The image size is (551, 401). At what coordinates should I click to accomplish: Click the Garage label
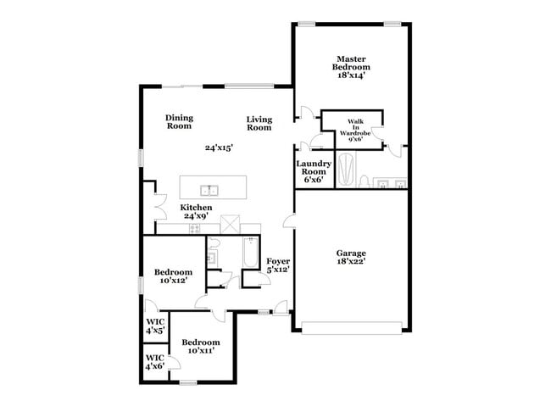point(351,253)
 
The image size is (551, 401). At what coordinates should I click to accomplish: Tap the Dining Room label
point(179,122)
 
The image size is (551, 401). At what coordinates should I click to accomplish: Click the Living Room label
point(259,123)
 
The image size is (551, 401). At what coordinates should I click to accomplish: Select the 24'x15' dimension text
point(219,148)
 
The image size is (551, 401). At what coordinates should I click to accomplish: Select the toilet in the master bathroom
point(363,181)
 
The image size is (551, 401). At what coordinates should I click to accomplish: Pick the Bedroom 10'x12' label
point(171,276)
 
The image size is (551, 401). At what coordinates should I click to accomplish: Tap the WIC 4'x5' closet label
point(154,326)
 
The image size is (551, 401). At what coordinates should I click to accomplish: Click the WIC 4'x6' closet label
point(154,362)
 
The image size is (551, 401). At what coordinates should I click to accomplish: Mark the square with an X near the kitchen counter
point(231,224)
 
